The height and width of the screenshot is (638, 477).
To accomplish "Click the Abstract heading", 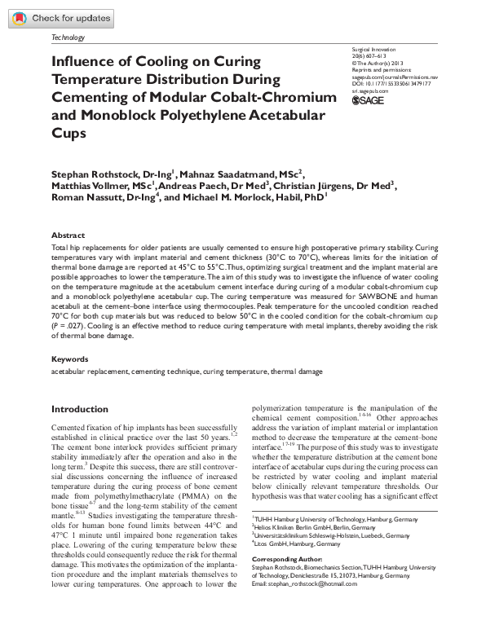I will pos(68,235).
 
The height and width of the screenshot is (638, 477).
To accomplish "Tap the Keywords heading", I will pos(70,359).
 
